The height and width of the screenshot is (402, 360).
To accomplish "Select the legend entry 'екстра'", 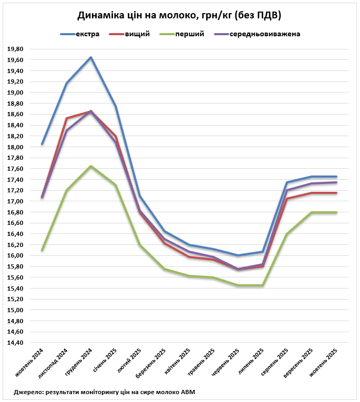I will point(87,35).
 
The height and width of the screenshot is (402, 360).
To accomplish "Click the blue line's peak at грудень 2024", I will point(91,57).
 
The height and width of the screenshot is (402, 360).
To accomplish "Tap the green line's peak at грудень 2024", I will point(91,166).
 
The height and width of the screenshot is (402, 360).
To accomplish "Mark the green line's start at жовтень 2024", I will point(42,250).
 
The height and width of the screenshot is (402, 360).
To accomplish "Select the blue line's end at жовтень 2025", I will point(336,177).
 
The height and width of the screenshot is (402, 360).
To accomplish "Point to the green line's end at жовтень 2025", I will point(336,212).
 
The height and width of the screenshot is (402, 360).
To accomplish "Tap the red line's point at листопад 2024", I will point(67,118).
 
